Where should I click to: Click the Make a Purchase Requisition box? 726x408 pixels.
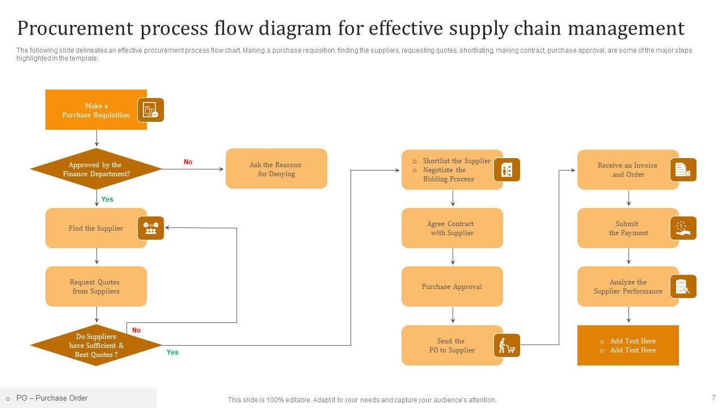pos(96,110)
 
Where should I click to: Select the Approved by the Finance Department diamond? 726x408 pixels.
pos(96,169)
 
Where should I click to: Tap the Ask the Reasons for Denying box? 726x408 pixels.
pos(276,169)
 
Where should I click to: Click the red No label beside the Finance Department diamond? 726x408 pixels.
pos(188,162)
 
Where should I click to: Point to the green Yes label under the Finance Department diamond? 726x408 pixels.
pos(107,199)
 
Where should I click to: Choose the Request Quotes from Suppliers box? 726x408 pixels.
pos(96,287)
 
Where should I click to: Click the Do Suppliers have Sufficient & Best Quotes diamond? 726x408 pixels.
pos(96,346)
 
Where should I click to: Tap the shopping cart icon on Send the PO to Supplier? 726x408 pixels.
pos(507,346)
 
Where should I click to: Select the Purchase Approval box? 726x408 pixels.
pos(452,287)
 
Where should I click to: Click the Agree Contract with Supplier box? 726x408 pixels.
pos(452,228)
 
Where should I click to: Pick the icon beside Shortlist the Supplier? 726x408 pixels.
pos(507,169)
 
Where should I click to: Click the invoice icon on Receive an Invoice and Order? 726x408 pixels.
pos(683,169)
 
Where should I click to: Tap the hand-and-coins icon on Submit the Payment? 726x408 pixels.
pos(683,228)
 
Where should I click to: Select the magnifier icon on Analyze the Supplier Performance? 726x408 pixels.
pos(683,287)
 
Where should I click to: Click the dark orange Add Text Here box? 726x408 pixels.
pos(628,346)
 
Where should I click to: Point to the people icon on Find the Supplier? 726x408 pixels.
pos(151,228)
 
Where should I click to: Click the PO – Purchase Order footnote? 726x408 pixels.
pos(52,398)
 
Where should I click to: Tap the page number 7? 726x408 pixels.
pos(714,397)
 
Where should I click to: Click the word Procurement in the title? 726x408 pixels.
pos(75,28)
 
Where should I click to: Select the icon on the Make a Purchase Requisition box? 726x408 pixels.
pos(151,110)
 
